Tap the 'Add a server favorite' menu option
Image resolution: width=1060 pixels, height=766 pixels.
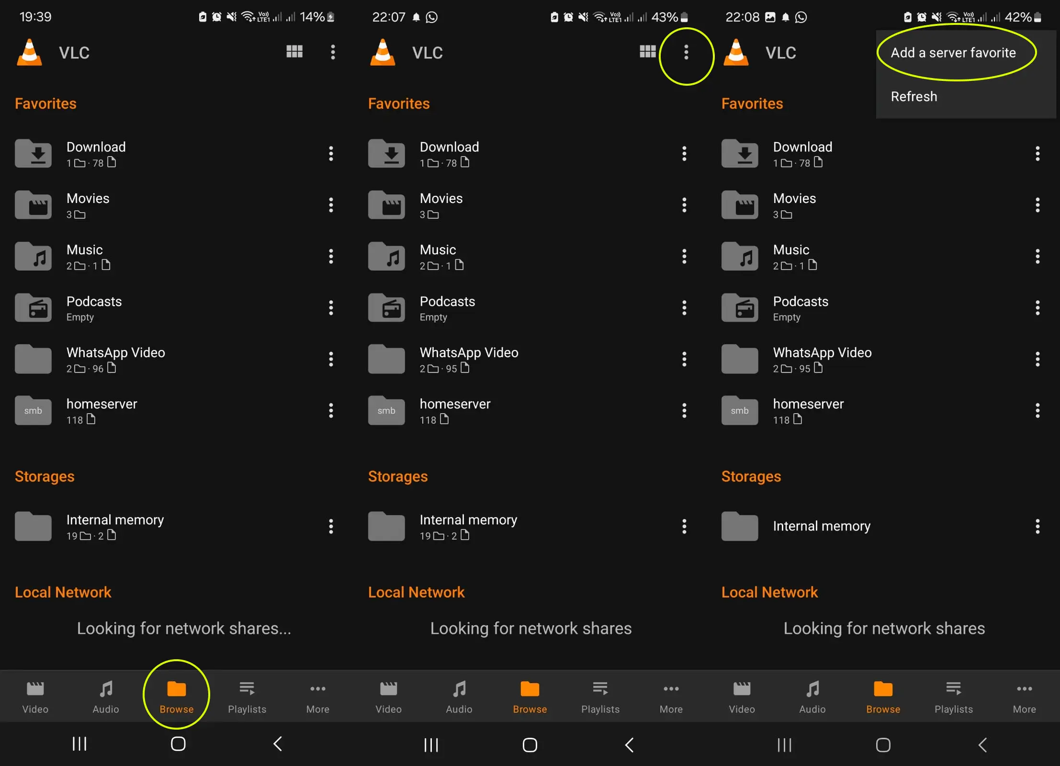click(953, 53)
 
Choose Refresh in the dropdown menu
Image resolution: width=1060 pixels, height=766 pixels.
click(913, 96)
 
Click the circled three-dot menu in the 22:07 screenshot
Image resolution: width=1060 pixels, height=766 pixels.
click(686, 52)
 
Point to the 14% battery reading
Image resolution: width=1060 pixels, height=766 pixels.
click(312, 17)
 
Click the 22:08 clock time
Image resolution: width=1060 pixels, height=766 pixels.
click(742, 17)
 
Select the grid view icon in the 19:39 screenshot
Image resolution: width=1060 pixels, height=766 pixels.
click(294, 51)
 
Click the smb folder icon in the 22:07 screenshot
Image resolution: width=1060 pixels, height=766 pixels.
click(386, 410)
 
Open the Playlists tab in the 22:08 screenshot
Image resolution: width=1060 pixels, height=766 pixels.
click(954, 697)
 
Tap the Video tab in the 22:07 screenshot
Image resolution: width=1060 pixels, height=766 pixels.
click(388, 697)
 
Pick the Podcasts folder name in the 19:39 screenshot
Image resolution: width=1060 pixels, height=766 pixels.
click(94, 301)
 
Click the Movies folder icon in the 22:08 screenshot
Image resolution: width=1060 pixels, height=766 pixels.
click(740, 205)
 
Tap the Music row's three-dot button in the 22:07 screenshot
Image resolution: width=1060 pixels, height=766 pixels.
click(684, 256)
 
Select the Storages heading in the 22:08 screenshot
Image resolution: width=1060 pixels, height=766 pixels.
click(751, 476)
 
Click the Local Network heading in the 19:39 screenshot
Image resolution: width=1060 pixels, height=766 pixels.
click(63, 592)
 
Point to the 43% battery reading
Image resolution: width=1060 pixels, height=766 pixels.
click(665, 17)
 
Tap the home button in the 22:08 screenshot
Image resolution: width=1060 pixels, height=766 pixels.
click(883, 745)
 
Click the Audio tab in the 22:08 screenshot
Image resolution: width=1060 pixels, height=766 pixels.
click(812, 697)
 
